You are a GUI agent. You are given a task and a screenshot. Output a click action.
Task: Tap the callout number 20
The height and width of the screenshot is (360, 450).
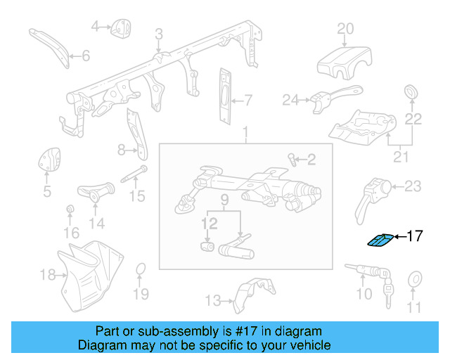[x=345, y=29]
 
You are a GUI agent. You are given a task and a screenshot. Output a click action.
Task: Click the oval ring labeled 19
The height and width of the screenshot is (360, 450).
[x=141, y=271]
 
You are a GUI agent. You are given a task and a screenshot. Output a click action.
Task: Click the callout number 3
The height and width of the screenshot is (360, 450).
[x=159, y=34]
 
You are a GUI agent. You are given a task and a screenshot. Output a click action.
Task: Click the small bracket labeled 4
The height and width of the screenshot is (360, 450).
[x=122, y=27]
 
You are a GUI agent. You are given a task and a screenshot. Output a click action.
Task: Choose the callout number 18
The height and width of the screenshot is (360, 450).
[x=47, y=274]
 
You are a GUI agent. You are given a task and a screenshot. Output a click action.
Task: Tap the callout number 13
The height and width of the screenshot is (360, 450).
[x=212, y=301]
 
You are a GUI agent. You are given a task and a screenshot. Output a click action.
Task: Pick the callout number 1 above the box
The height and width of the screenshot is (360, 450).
[x=245, y=133]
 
